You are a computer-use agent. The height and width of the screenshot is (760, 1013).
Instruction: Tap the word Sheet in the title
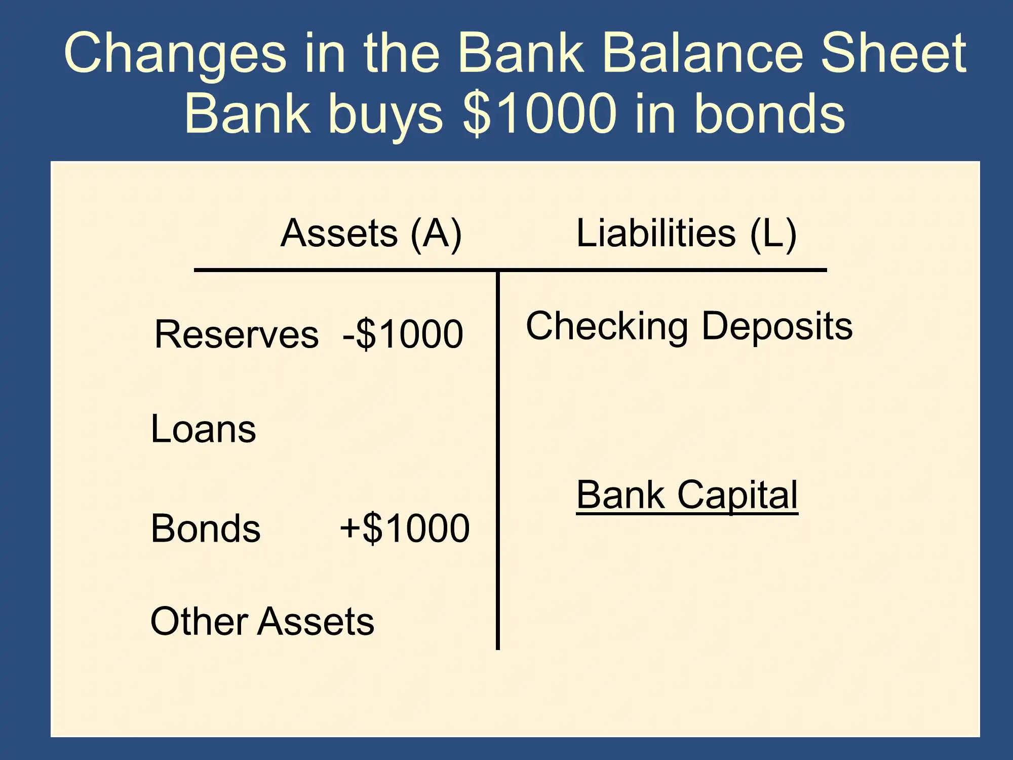tap(893, 53)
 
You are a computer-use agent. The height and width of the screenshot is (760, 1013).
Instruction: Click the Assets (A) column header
tap(371, 234)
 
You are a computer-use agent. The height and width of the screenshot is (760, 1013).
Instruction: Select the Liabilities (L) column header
tap(687, 234)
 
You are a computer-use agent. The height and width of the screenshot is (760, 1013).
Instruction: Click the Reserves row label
tap(237, 334)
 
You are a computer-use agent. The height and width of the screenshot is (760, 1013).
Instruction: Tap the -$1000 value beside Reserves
tap(403, 334)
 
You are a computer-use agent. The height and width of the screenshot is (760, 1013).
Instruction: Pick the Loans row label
tap(204, 429)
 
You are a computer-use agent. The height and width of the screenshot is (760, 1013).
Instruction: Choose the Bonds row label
tap(206, 528)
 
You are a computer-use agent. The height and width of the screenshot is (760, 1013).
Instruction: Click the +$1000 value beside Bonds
tap(405, 528)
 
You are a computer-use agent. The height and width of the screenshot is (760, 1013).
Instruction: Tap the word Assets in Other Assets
tap(316, 621)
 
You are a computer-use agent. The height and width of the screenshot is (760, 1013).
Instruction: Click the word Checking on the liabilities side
tap(607, 327)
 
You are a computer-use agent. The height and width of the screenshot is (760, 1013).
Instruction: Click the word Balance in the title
tap(703, 53)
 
